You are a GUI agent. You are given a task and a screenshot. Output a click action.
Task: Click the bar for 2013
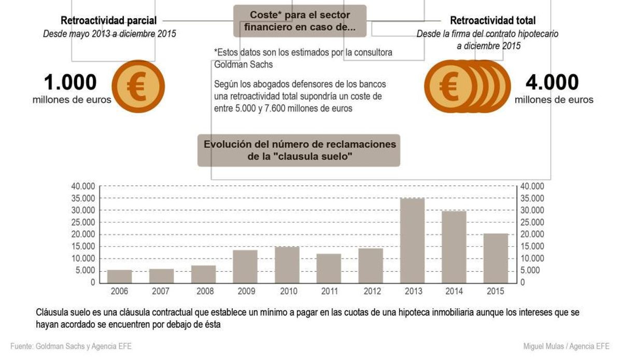(x=412, y=241)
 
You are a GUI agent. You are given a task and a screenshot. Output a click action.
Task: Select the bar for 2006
(x=119, y=276)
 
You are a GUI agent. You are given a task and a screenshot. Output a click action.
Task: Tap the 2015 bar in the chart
(x=496, y=258)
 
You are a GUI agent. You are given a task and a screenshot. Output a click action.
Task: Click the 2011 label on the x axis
(x=329, y=291)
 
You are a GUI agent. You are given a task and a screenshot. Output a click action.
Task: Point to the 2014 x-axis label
(x=454, y=291)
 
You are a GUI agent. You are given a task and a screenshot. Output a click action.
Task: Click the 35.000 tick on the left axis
(x=82, y=198)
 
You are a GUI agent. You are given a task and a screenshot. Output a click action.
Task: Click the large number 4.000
(x=552, y=82)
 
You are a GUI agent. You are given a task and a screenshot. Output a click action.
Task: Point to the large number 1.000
(x=70, y=82)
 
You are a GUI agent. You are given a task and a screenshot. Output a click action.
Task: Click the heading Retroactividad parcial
(x=108, y=21)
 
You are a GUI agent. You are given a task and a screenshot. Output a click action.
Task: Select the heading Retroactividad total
(x=492, y=21)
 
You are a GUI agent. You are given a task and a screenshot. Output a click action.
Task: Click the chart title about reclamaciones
(x=299, y=150)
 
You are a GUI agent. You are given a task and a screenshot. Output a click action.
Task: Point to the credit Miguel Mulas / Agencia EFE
(x=567, y=346)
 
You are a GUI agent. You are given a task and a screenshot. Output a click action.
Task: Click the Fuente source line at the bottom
(x=71, y=346)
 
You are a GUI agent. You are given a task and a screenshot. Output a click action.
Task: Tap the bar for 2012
(x=370, y=266)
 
